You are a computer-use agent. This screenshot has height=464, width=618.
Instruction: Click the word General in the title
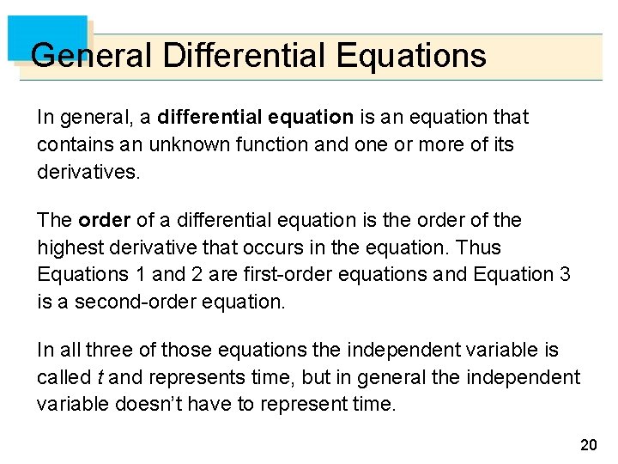[x=91, y=56]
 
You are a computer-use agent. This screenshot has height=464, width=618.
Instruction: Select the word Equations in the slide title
[x=411, y=56]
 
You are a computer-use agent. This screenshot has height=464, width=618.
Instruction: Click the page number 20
[x=588, y=444]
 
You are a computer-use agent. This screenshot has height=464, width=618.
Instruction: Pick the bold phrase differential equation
[x=256, y=117]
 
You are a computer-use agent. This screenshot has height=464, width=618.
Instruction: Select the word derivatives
[x=87, y=172]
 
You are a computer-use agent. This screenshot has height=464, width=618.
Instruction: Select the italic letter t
[x=100, y=378]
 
